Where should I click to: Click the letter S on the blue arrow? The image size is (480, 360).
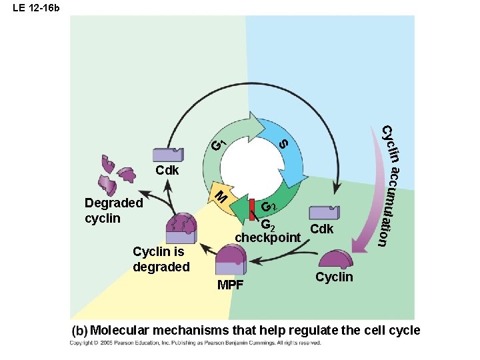click(283, 143)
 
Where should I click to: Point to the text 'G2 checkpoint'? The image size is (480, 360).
click(267, 231)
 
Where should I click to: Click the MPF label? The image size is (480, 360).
click(231, 286)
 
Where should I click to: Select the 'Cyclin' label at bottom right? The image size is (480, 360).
click(334, 277)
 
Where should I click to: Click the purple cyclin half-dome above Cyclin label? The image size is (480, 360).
click(337, 259)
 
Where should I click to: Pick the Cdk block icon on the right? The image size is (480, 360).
click(325, 213)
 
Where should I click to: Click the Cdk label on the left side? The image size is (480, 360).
click(167, 171)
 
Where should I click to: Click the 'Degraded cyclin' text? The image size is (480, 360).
click(113, 211)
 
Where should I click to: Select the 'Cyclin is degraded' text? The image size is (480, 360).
click(161, 259)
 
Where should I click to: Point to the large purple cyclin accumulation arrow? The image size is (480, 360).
click(365, 220)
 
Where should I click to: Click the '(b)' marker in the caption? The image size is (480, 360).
click(80, 331)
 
